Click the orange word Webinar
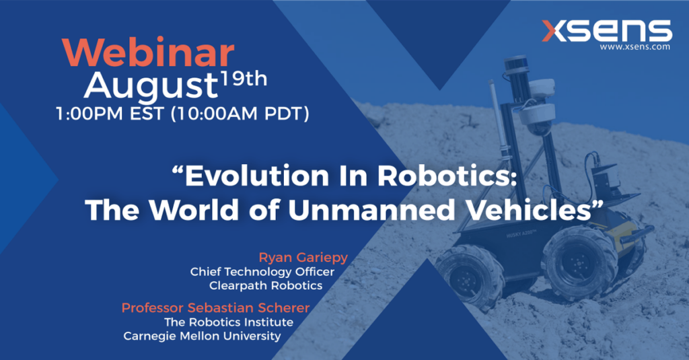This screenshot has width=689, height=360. pos(148,53)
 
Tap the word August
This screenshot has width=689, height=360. pos(151,85)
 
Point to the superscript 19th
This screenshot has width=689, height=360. pos(244,79)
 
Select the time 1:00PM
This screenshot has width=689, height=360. pos(89,114)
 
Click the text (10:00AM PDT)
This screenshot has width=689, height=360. pos(240,114)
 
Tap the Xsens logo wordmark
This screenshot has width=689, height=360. pos(607,31)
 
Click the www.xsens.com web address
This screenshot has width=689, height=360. pos(635,46)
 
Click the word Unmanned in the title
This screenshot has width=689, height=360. pos(371,210)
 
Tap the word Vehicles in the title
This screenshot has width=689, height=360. pos(528,210)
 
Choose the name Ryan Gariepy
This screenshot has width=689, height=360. pos(303,258)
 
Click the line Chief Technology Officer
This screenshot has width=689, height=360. pos(262,272)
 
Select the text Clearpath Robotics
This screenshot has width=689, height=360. pos(266,286)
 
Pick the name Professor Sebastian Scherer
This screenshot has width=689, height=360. pos(216,308)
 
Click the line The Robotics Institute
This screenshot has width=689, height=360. pos(229,322)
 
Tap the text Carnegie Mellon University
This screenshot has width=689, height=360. pos(202,336)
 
